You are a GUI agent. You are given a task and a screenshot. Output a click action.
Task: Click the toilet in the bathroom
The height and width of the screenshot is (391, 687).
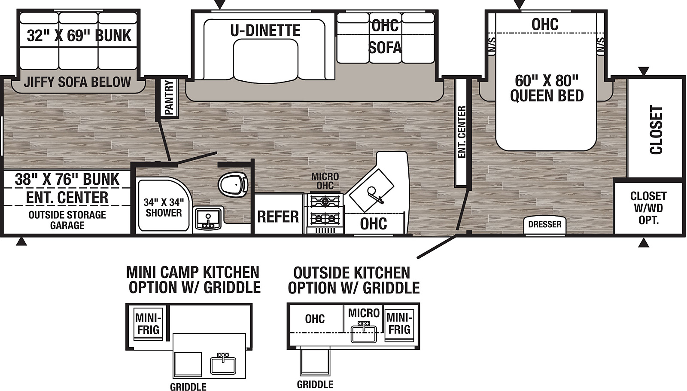[233, 185]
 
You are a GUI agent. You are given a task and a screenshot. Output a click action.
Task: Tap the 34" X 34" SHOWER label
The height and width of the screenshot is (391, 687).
[164, 207]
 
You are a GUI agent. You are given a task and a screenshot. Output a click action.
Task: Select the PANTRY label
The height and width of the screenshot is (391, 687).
[169, 97]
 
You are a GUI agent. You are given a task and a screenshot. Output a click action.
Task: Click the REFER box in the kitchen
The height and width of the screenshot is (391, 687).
[278, 216]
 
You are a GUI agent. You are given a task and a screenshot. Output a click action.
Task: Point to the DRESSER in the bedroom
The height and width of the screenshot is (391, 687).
[545, 224]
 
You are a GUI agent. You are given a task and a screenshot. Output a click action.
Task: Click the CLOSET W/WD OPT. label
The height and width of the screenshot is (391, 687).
[649, 208]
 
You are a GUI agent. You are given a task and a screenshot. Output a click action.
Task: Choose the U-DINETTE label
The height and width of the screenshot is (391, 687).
[265, 30]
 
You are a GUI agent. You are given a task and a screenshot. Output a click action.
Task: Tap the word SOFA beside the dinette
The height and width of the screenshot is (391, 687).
[385, 48]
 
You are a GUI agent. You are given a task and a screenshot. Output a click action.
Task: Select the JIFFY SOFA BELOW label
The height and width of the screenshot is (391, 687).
[77, 82]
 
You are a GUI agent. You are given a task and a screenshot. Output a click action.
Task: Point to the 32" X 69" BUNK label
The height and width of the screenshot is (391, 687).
[79, 35]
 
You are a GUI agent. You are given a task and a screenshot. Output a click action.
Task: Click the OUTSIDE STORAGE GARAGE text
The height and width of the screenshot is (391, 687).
[67, 220]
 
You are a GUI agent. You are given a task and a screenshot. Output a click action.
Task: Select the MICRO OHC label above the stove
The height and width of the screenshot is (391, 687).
[325, 181]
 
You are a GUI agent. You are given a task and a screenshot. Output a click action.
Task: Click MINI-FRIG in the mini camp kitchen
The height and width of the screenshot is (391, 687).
[149, 324]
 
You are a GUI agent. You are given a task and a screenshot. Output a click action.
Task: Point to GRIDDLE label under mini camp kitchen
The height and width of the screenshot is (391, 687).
[188, 387]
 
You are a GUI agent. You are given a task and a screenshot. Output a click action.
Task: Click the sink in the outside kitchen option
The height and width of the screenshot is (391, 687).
[364, 333]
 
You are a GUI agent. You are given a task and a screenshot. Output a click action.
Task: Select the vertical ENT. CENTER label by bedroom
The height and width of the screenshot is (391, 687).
[462, 132]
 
